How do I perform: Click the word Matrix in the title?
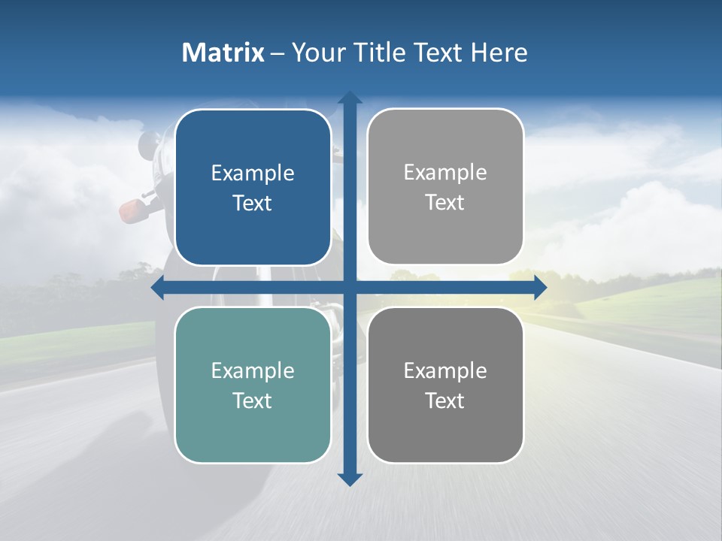223,53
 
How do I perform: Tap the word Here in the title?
499,53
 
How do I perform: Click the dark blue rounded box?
253,187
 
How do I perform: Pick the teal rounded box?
253,385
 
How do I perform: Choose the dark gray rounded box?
445,385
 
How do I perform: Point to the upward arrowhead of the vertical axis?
350,98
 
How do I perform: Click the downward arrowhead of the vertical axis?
350,479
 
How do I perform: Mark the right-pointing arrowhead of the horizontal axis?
540,288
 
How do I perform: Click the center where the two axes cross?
350,288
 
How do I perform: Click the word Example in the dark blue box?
253,173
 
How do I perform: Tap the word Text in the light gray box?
444,202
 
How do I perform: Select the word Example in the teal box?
253,370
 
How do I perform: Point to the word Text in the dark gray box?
444,400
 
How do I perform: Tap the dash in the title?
278,53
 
